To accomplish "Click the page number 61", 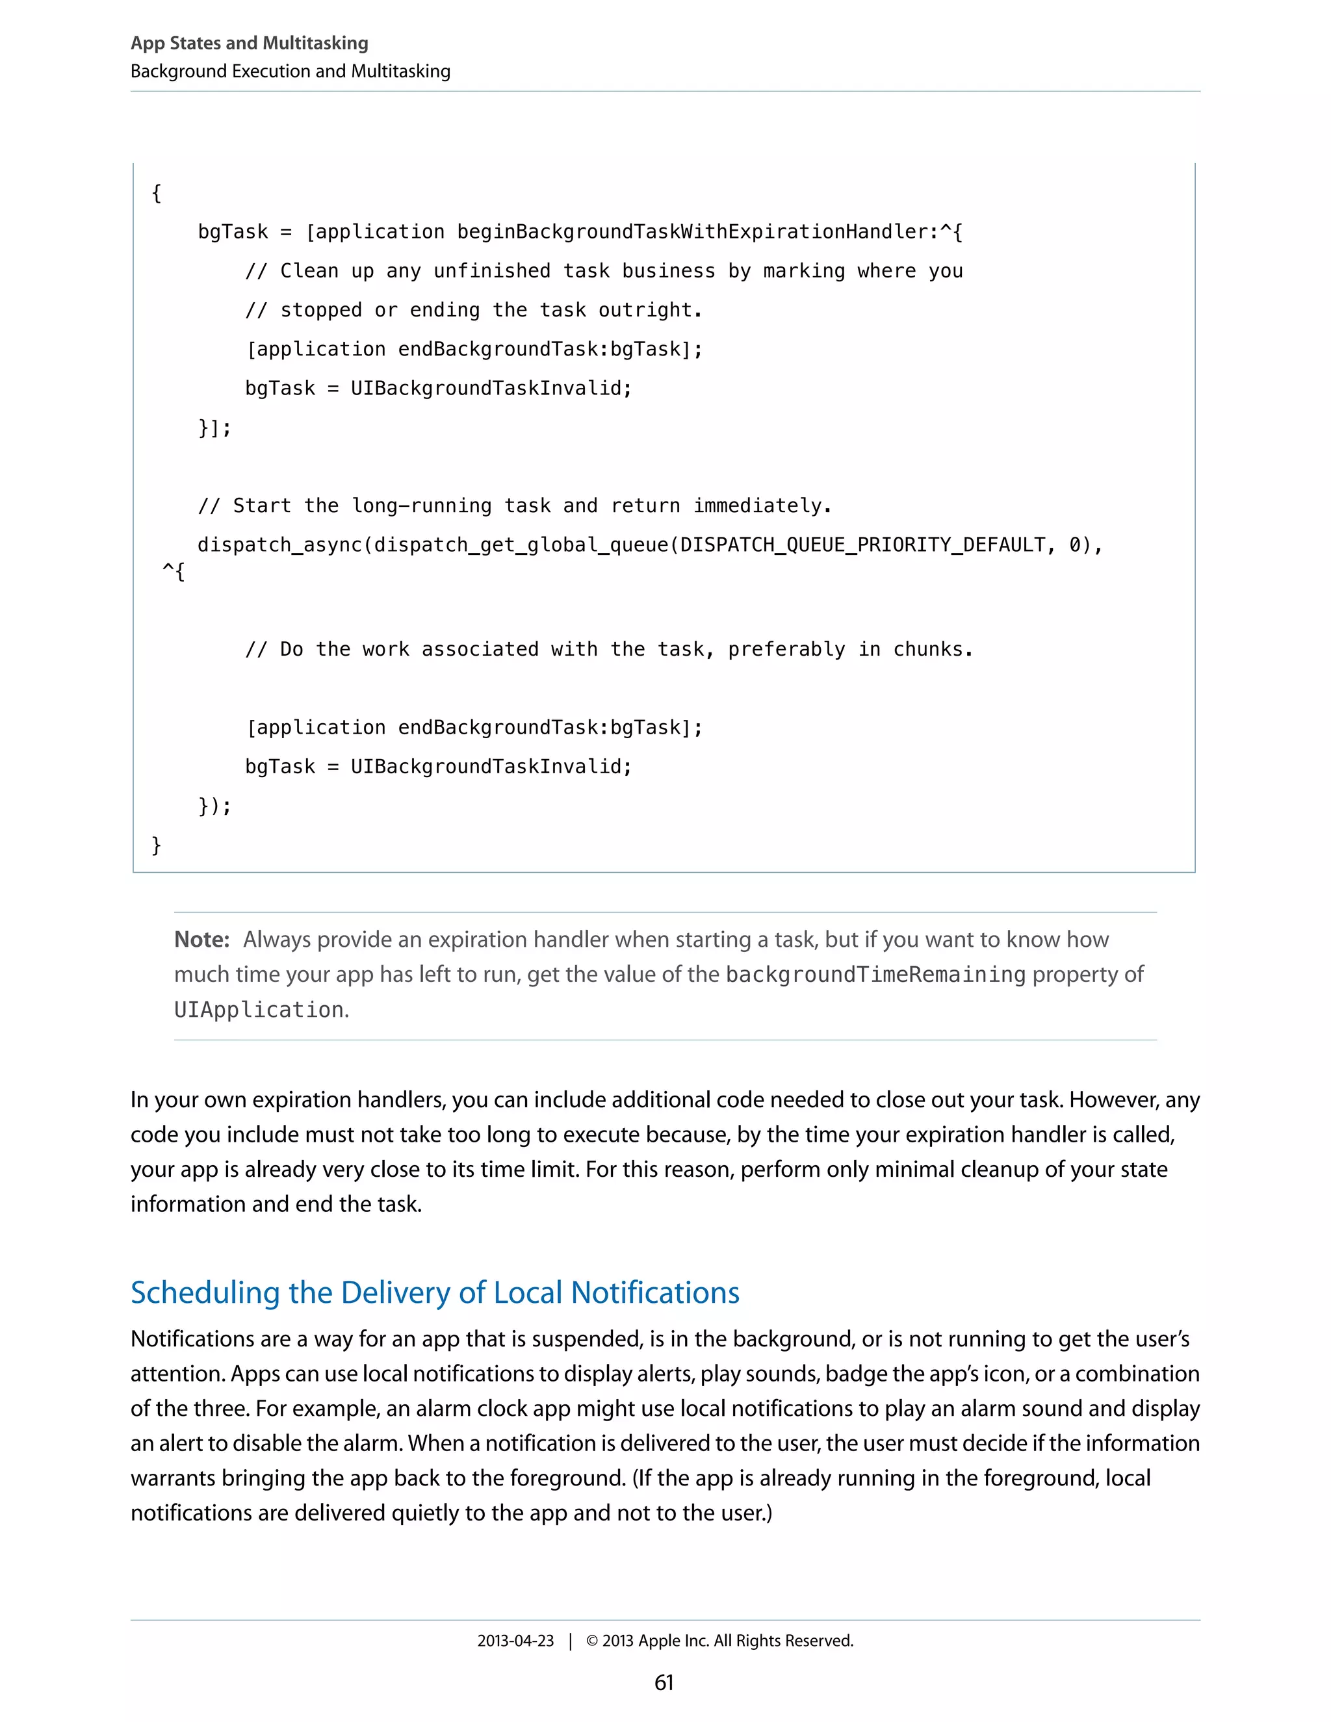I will point(664,1682).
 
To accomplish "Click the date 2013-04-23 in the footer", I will point(515,1641).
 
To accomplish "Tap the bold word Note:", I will point(201,940).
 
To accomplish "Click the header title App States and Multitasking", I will point(249,44).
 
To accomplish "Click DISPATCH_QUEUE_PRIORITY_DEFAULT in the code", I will point(862,545).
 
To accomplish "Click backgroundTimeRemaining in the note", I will point(875,975).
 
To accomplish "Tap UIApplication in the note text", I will point(259,1010).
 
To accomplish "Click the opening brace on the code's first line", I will point(156,193).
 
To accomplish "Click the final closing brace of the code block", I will point(156,845).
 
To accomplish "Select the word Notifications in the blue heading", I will point(654,1293).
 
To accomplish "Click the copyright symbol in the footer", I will point(592,1641).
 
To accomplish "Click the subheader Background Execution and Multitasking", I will point(290,71).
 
